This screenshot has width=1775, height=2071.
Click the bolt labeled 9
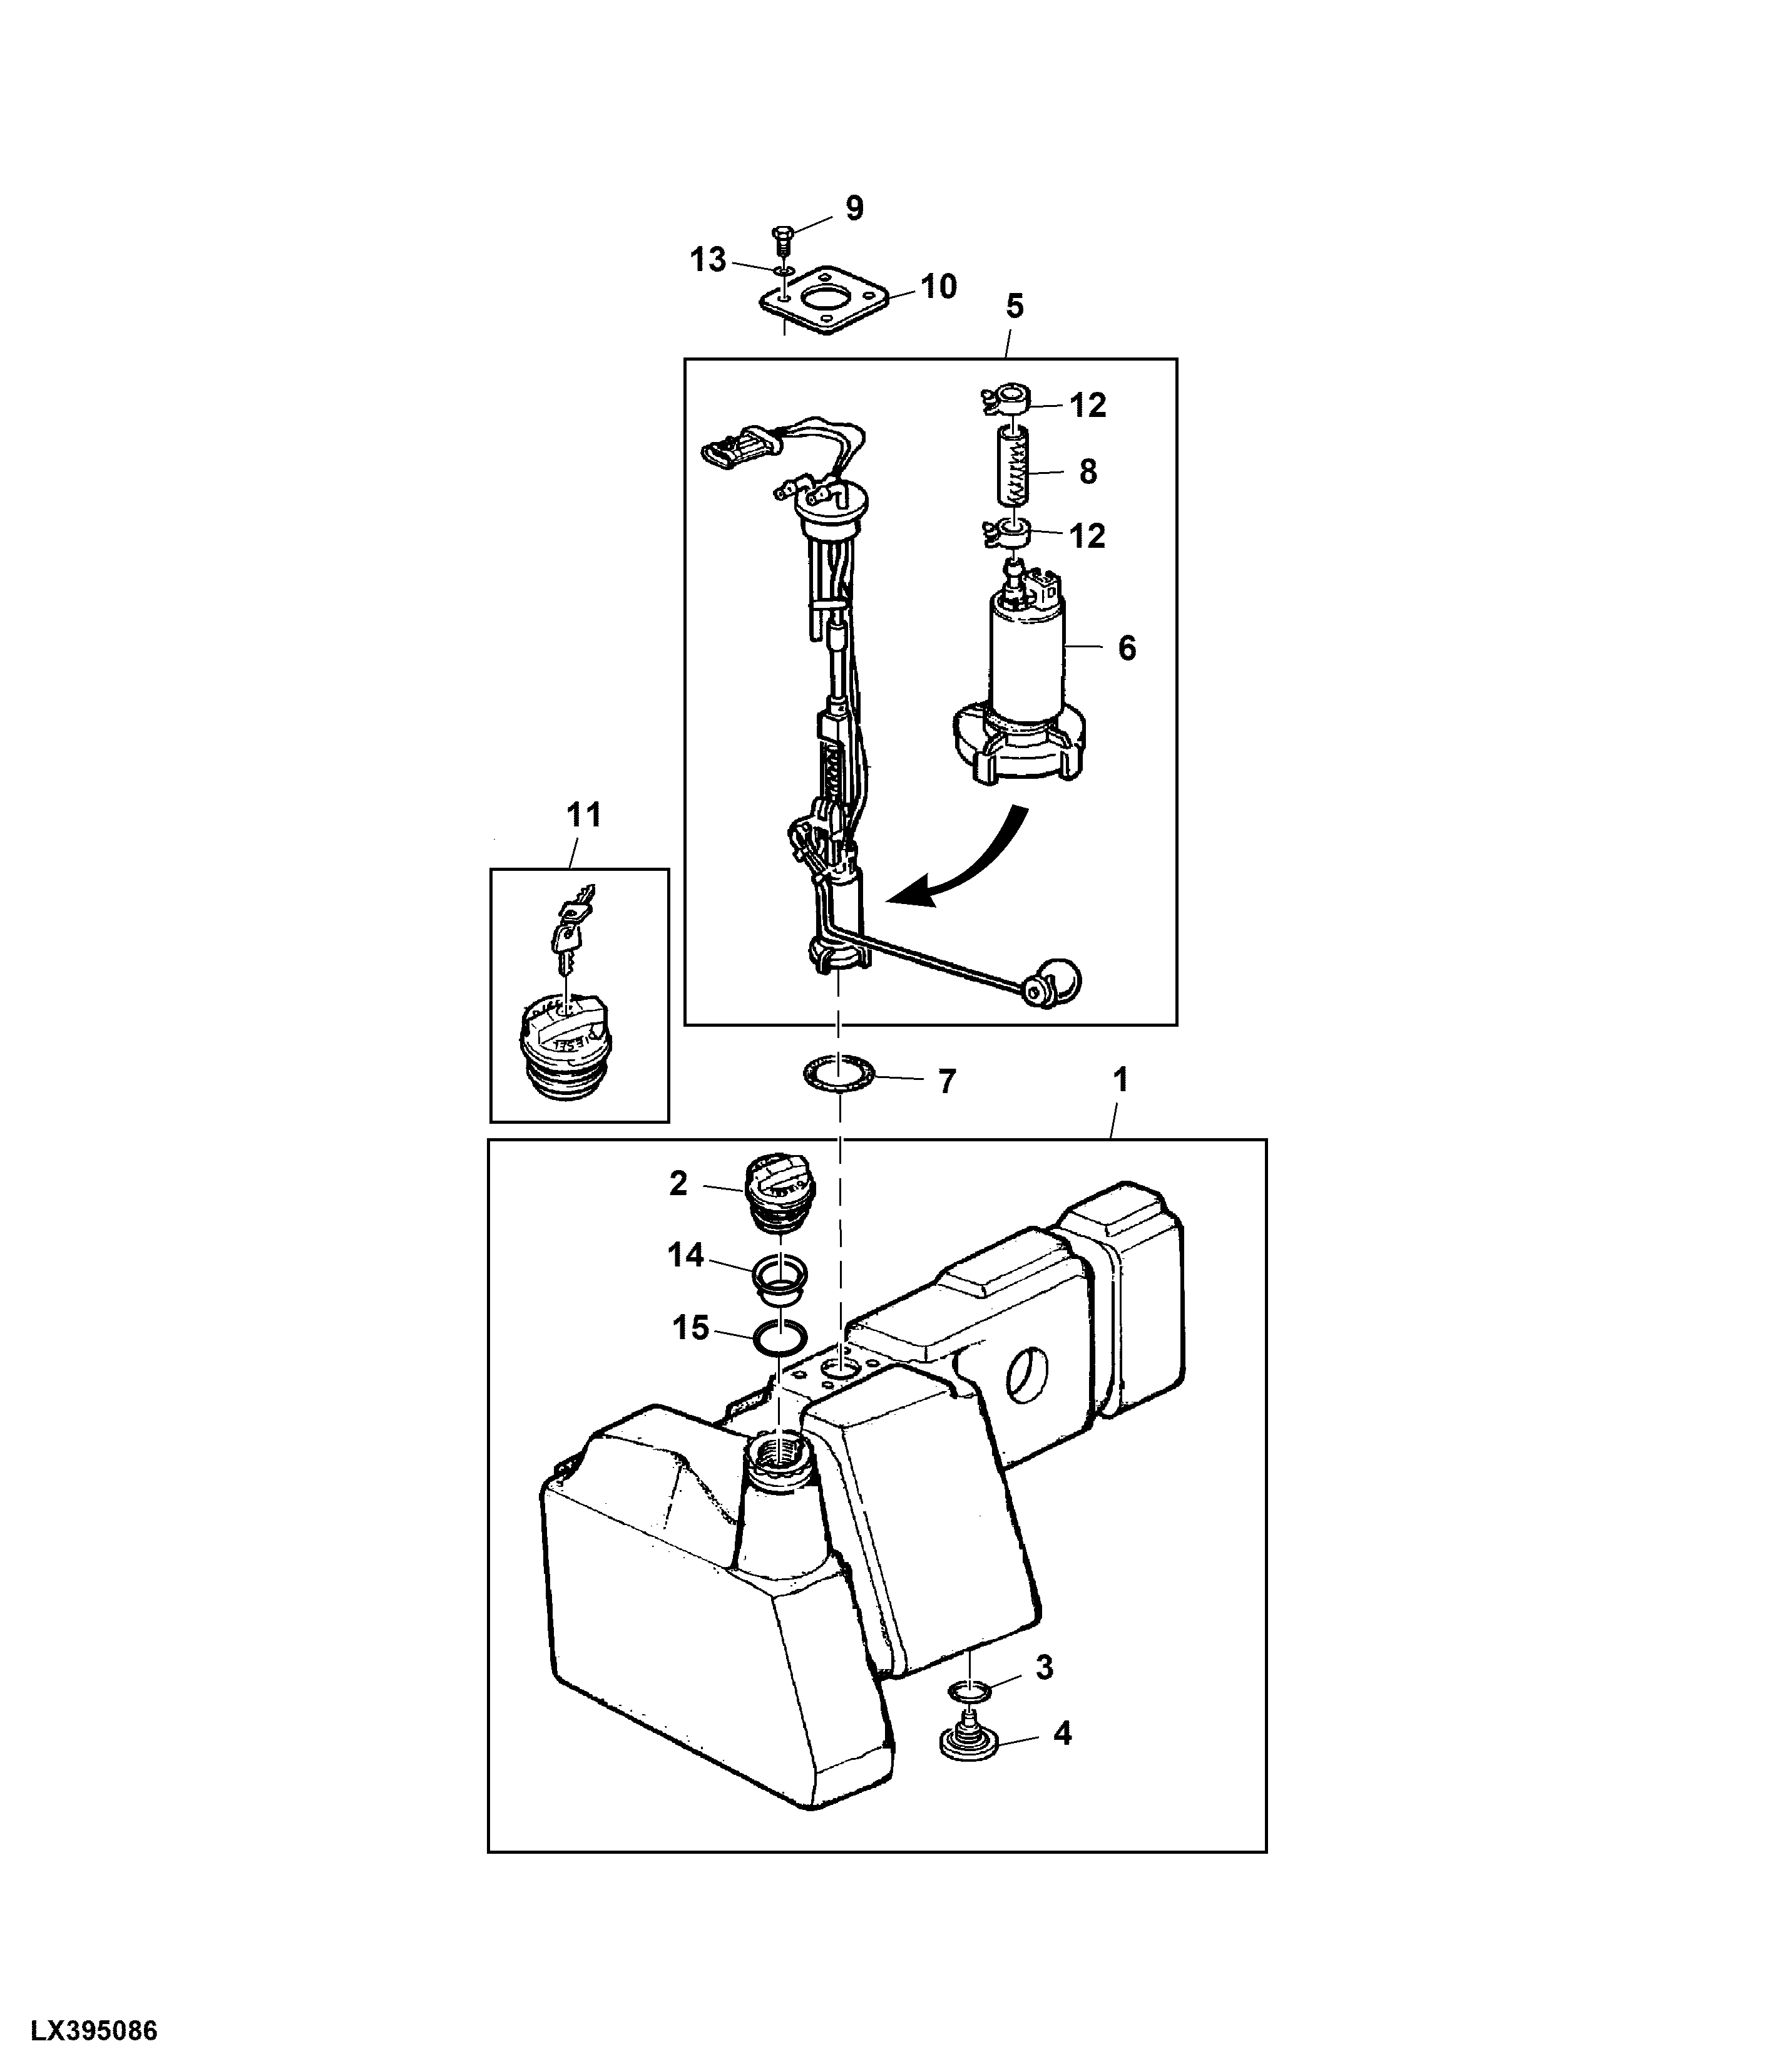point(782,240)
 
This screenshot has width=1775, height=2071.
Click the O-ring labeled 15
point(780,1337)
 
